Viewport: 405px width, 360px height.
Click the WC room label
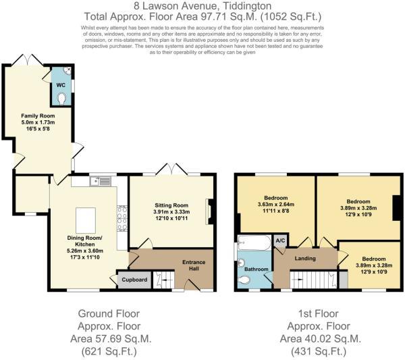(61, 85)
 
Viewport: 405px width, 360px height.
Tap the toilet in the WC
(61, 99)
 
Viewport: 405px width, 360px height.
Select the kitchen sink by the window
(100, 181)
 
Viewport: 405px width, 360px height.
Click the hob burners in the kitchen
(122, 218)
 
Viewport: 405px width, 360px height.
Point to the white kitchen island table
(86, 220)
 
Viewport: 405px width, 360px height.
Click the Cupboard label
(134, 280)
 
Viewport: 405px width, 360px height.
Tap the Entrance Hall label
(194, 265)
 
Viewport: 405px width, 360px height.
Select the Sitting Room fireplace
(209, 211)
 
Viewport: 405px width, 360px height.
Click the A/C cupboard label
(281, 240)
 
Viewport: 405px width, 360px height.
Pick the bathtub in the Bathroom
(254, 242)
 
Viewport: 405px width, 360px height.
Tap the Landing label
(305, 258)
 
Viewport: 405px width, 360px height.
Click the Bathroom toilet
(244, 280)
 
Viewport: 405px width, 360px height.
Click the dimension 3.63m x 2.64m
(276, 205)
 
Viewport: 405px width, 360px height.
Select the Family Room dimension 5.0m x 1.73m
(38, 122)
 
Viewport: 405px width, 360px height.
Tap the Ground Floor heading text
(109, 314)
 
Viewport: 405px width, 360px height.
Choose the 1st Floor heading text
(318, 314)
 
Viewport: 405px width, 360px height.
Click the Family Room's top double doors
(27, 59)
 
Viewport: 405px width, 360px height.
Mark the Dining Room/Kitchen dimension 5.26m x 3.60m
(85, 251)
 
